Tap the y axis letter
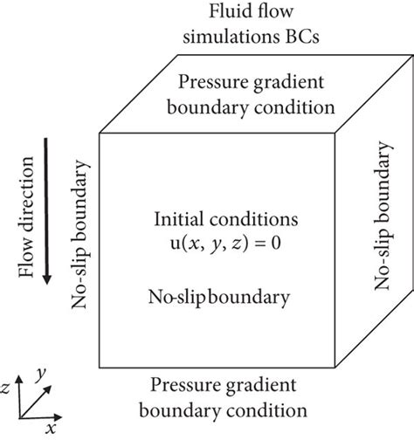(41, 375)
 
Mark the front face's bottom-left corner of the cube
(99, 368)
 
